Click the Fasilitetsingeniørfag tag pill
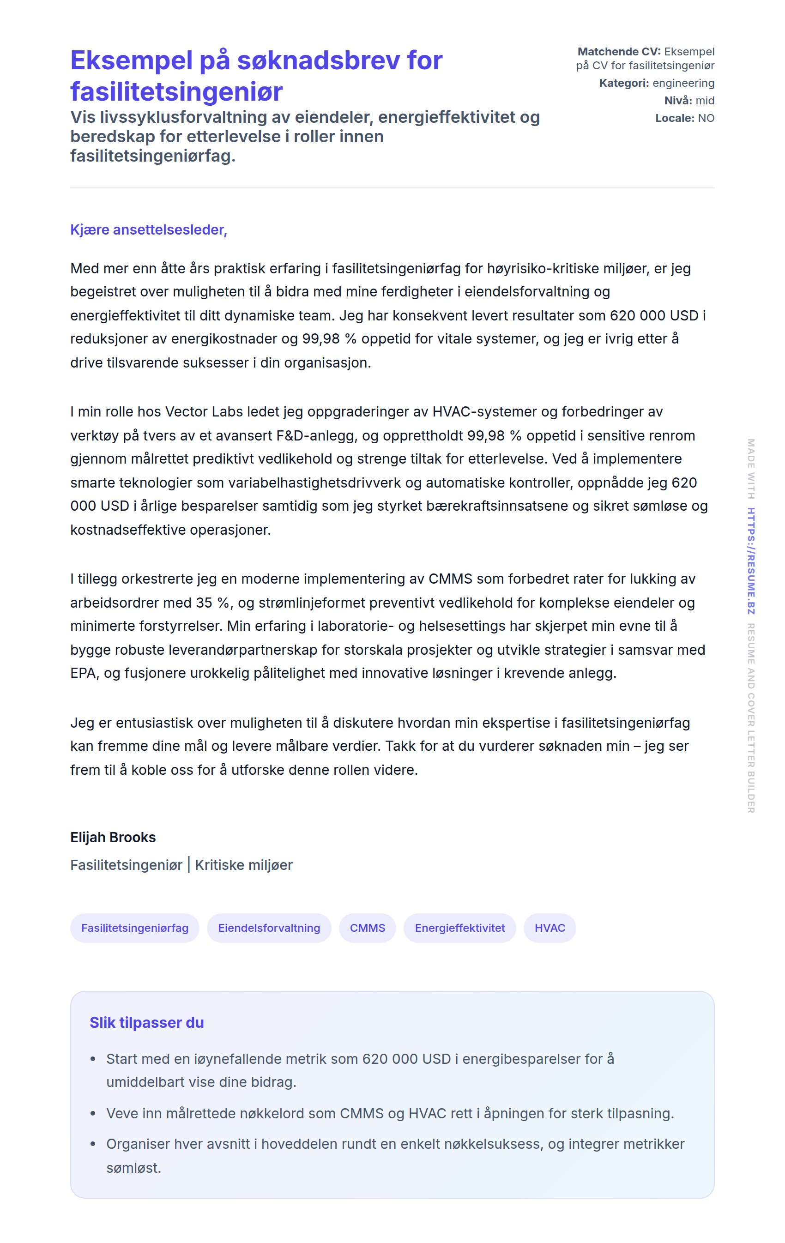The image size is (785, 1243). tap(135, 928)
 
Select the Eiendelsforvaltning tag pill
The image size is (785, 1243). tap(269, 928)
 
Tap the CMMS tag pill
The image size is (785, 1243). tap(368, 928)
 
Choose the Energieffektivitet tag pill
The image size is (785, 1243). tap(459, 928)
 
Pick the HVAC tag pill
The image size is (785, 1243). tap(549, 928)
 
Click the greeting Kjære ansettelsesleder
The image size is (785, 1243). tap(149, 229)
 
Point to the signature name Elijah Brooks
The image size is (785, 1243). tap(113, 837)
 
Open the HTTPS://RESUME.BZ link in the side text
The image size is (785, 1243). tap(751, 561)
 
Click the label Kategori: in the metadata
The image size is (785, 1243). tap(624, 83)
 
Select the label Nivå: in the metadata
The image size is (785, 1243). tap(678, 101)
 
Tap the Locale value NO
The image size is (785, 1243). tap(706, 118)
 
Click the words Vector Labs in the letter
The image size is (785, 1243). tap(204, 411)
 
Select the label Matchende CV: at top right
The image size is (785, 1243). tap(619, 52)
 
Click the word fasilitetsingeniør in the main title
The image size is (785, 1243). tap(176, 91)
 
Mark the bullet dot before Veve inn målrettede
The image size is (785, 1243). tap(93, 1113)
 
